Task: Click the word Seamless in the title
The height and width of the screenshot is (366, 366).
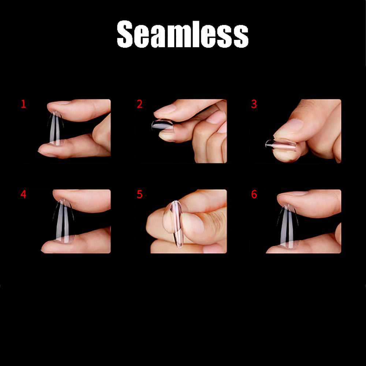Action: pos(183,34)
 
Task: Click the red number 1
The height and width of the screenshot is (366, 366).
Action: pos(23,104)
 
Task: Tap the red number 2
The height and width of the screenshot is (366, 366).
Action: pos(139,104)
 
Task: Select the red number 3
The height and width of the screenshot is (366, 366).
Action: pos(254,104)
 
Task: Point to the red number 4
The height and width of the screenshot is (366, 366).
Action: pos(23,194)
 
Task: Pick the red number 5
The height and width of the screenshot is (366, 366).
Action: pos(139,194)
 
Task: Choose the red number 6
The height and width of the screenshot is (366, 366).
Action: pos(254,194)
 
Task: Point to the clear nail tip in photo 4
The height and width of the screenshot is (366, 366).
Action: pos(63,220)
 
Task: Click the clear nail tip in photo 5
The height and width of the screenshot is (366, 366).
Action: pos(177,223)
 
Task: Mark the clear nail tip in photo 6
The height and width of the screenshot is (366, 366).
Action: pos(288,225)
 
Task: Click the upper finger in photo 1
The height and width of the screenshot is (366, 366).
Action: pos(79,110)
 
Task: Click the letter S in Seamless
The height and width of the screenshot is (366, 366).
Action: pos(125,34)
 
